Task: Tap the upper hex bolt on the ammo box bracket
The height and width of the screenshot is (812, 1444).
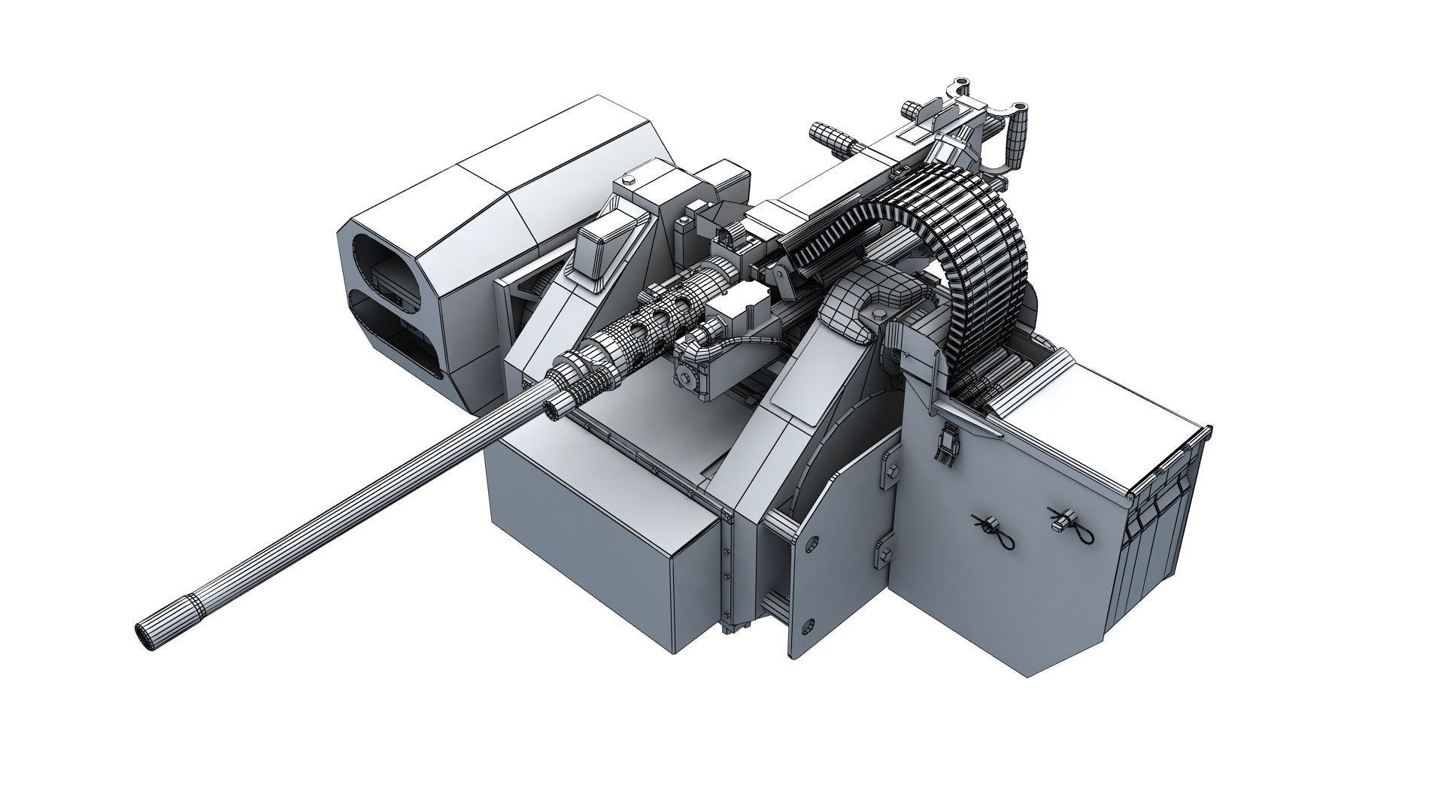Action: point(893,470)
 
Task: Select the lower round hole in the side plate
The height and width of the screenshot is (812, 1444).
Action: point(808,623)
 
